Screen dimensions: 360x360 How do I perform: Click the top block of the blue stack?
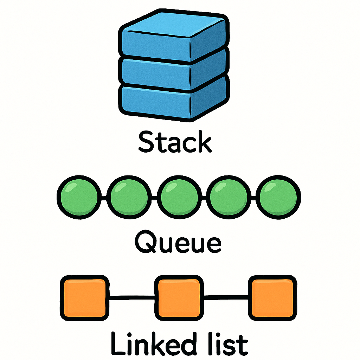click(x=155, y=44)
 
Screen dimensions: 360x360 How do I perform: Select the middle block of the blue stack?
click(x=155, y=72)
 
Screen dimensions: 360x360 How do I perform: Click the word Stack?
click(x=175, y=142)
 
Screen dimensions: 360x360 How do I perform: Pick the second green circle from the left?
click(x=127, y=197)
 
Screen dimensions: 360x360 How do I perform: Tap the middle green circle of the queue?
click(x=178, y=197)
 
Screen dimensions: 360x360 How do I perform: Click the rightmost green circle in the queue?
click(x=279, y=197)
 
